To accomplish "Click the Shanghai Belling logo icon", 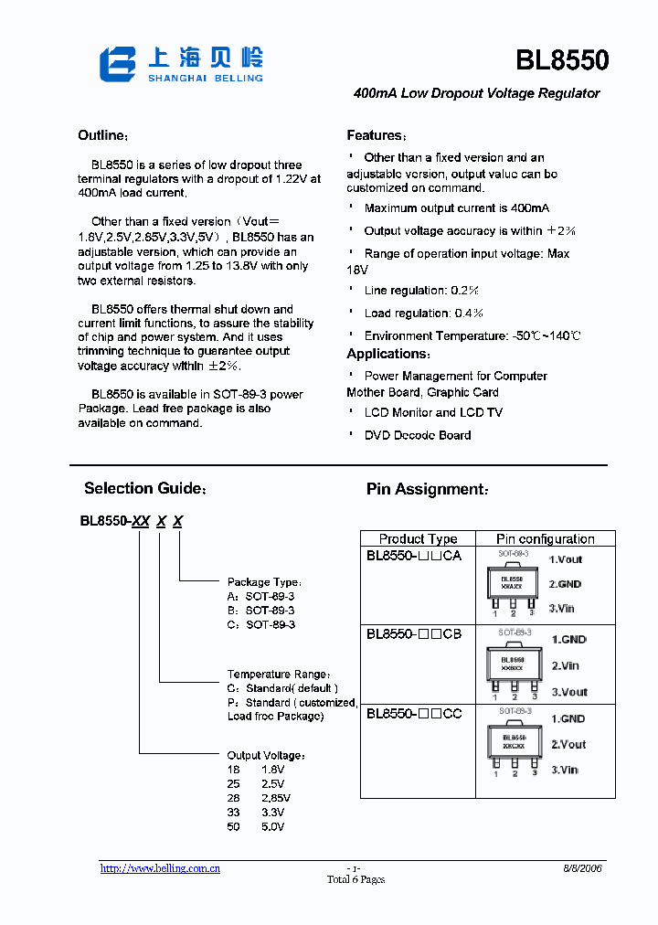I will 117,64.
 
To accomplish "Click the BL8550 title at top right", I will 562,60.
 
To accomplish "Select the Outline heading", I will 100,136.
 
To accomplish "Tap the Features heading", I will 376,136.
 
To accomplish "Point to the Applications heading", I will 387,355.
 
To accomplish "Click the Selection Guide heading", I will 145,489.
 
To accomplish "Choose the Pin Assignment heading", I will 427,490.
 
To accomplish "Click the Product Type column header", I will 418,539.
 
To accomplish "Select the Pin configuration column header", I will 545,539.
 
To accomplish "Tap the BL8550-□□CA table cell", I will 414,556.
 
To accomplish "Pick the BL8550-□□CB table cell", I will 414,633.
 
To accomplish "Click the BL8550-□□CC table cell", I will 414,713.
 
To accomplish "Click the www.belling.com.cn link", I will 160,868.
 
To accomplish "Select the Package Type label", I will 264,582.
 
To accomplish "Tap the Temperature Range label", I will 278,674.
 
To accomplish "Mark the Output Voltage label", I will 266,756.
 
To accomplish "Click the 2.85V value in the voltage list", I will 275,798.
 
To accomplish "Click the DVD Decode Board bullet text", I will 418,435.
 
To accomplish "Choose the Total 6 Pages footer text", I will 356,880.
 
